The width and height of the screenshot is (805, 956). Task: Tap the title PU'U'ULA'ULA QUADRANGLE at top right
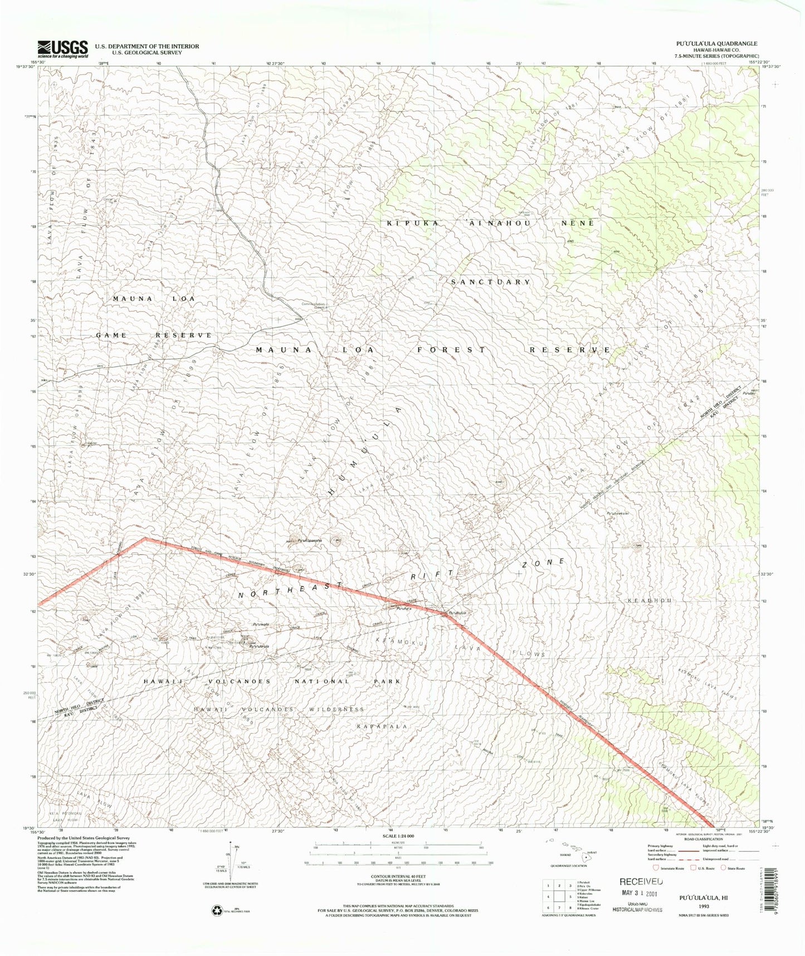(x=716, y=43)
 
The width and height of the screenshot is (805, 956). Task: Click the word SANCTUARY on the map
(x=490, y=282)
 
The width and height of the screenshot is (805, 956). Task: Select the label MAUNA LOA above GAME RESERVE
(x=154, y=299)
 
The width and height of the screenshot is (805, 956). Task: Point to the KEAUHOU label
(x=651, y=601)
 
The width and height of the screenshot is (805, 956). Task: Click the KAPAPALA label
(x=382, y=726)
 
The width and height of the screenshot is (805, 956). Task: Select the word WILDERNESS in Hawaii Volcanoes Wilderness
(x=334, y=709)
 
